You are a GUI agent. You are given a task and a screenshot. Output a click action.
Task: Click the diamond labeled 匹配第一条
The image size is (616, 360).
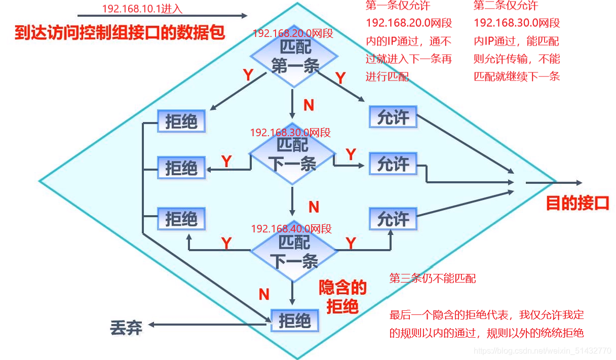tap(294, 58)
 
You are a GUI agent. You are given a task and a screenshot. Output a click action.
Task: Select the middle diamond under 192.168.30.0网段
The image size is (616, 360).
tap(292, 155)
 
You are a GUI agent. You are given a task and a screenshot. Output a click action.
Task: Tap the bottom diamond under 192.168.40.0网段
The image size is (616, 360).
tap(294, 252)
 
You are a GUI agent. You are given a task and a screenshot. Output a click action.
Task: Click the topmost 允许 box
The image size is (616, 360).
tap(393, 118)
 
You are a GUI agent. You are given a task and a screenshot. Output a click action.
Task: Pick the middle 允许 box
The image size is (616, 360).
tap(393, 164)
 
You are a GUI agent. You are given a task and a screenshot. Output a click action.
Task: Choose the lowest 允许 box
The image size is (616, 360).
tap(393, 219)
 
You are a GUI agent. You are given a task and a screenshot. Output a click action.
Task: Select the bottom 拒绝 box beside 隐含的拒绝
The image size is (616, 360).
tap(294, 321)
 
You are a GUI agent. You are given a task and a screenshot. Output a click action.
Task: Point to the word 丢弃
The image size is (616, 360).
tap(126, 328)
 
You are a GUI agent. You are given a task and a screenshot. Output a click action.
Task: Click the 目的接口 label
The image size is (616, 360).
tap(577, 204)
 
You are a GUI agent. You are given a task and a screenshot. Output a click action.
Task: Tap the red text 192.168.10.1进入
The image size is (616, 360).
tap(142, 9)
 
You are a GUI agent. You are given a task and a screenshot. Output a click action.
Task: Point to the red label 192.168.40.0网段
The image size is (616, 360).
tap(291, 229)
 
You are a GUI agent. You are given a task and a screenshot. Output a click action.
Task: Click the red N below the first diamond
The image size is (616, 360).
tap(309, 105)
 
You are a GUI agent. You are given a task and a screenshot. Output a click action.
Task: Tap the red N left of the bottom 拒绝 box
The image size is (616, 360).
tap(263, 294)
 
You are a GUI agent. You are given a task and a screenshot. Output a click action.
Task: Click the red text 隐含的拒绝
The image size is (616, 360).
tap(342, 297)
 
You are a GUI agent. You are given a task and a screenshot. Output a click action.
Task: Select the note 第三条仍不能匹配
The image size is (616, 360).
tap(432, 278)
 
